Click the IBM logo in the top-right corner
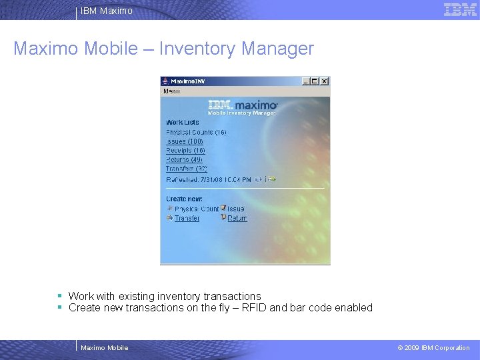[460, 10]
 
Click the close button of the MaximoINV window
[325, 81]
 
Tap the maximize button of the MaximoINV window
[315, 81]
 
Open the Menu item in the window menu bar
[171, 91]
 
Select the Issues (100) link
[185, 141]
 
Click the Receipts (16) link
[186, 151]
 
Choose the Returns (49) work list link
[185, 160]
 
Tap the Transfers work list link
[187, 169]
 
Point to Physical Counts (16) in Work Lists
[196, 132]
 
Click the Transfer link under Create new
[187, 218]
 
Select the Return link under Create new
[237, 218]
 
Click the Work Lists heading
[183, 123]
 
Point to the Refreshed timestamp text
[209, 179]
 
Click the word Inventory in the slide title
[197, 49]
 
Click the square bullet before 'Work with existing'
[59, 295]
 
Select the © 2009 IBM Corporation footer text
[433, 347]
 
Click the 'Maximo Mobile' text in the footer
[104, 347]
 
